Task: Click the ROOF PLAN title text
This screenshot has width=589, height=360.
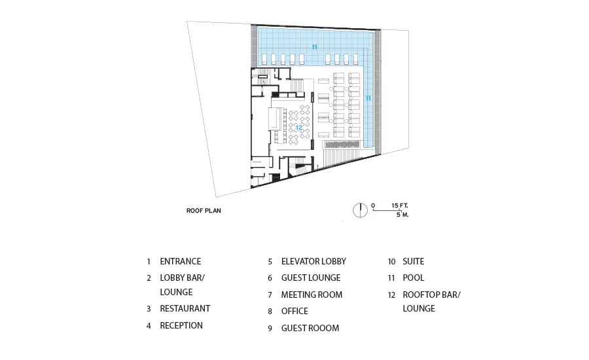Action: (204, 211)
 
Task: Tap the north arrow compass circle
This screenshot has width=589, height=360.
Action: (360, 210)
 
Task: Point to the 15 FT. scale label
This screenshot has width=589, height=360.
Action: (400, 206)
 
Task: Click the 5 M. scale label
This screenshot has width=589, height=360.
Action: (402, 215)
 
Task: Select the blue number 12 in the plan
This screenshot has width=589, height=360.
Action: (298, 128)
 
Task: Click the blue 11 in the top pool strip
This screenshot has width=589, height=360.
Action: (314, 47)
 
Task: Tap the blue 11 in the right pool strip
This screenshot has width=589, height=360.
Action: (368, 98)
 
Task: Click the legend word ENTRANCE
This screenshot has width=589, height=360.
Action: (181, 261)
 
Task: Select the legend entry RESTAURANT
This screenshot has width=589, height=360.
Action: (185, 308)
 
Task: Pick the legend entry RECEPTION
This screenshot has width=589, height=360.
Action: (181, 325)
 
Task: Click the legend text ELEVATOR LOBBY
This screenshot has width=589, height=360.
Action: (313, 261)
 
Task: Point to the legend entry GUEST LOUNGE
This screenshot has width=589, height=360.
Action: (311, 278)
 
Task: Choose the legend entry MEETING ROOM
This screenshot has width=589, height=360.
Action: (312, 295)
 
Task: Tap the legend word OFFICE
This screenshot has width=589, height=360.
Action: (294, 311)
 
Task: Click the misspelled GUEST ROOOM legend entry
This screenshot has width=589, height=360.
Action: (310, 328)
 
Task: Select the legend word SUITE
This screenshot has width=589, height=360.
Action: (413, 261)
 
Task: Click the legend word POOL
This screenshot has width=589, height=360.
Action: (413, 278)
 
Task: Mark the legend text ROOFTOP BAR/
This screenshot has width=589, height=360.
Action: (432, 295)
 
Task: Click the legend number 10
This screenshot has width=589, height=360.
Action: (391, 262)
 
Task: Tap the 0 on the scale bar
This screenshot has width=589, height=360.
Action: (373, 206)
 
